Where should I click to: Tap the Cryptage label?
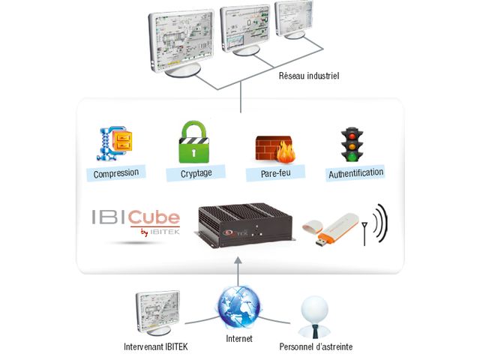click(196, 173)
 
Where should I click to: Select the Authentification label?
click(355, 172)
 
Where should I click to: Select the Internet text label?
click(238, 340)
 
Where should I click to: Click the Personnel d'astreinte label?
click(315, 346)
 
